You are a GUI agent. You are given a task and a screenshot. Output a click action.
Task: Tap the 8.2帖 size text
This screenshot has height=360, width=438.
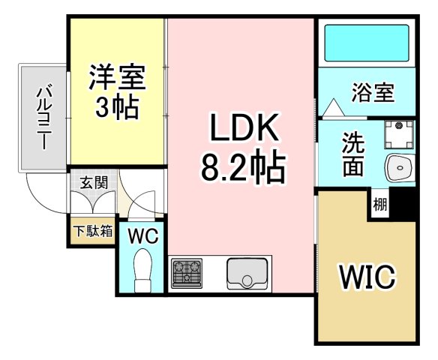(x=241, y=169)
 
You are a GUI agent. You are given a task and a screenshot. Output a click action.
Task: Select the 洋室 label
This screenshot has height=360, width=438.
(x=118, y=76)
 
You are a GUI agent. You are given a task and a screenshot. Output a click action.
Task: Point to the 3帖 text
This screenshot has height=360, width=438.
(x=118, y=109)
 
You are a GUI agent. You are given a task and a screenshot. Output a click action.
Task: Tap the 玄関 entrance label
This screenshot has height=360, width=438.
(x=94, y=182)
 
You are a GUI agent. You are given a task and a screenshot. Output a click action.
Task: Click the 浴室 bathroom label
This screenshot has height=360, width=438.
(x=372, y=94)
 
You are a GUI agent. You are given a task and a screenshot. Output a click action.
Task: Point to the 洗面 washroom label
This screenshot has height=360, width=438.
(x=353, y=154)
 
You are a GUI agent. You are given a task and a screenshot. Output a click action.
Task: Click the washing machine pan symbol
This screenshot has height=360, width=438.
(x=398, y=134)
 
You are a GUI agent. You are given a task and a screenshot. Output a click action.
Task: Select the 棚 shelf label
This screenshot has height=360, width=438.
(x=380, y=204)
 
